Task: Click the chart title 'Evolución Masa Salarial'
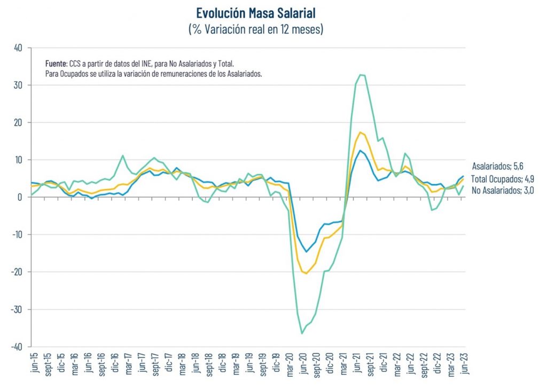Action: click(256, 12)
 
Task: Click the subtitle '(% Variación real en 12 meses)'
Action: click(256, 29)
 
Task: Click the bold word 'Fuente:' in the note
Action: click(56, 63)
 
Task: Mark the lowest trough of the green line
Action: click(302, 334)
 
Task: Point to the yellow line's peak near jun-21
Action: click(361, 132)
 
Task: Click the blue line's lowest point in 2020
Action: click(307, 251)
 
